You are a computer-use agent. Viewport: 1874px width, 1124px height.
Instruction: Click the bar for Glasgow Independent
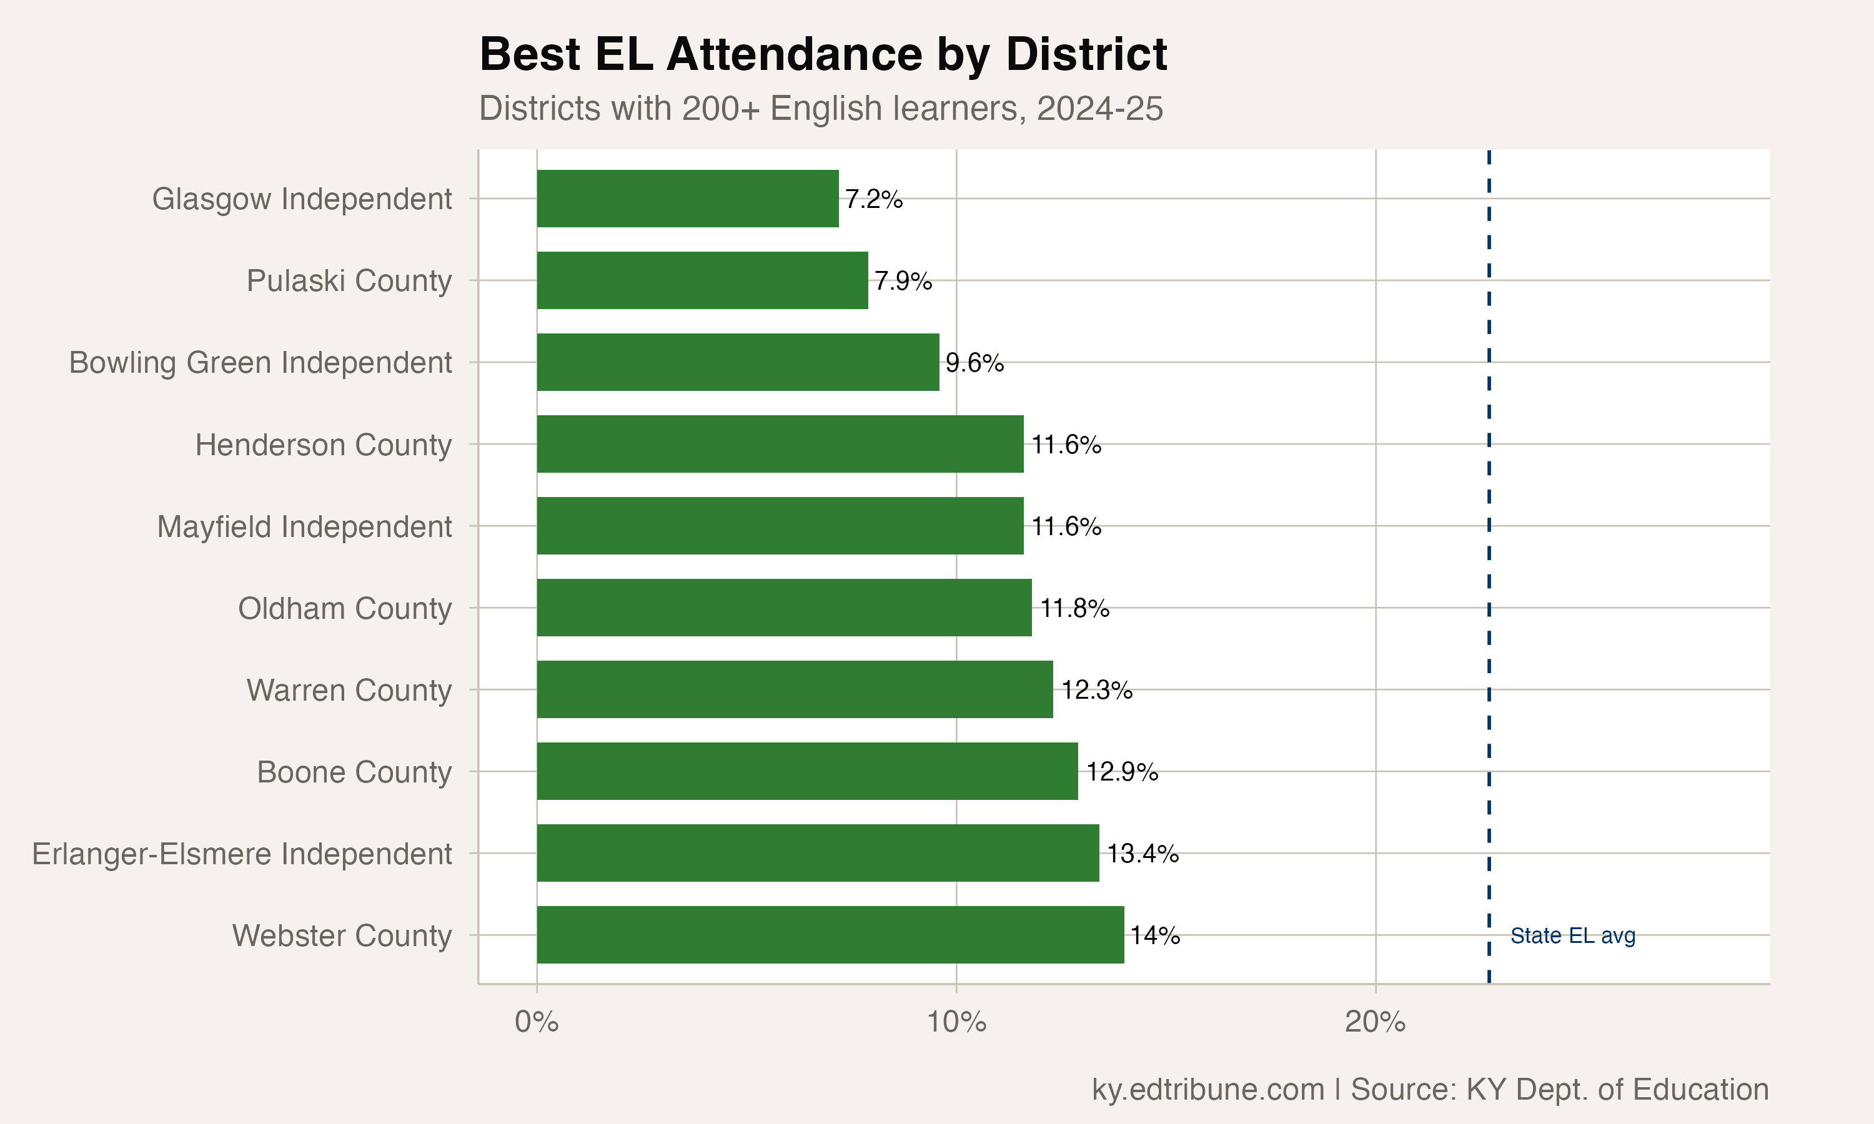pos(687,199)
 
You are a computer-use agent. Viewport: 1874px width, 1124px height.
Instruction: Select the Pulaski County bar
pos(702,280)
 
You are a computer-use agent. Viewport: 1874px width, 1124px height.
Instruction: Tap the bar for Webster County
pos(830,935)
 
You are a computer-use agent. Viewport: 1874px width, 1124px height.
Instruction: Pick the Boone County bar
pos(806,771)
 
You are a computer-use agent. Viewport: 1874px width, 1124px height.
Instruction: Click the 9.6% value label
pos(974,363)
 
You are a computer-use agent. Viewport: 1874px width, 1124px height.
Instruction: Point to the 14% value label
pos(1154,935)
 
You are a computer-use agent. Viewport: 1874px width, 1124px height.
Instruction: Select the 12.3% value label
pos(1096,690)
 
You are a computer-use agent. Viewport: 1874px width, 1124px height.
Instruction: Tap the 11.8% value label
pos(1074,608)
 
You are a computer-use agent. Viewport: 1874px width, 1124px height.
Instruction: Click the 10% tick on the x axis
pos(956,1022)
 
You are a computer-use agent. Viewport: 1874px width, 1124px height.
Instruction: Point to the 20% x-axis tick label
pos(1375,1022)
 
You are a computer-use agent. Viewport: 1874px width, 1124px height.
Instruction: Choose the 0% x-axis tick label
pos(537,1022)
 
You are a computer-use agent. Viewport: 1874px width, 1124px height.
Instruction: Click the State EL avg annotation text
pos(1572,936)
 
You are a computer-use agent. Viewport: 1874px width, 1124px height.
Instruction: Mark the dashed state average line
pos(1489,530)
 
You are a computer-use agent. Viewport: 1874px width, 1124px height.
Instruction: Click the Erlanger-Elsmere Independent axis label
pos(242,854)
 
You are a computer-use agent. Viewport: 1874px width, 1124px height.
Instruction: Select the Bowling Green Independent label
pos(260,363)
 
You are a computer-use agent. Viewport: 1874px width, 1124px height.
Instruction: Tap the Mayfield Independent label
pos(304,526)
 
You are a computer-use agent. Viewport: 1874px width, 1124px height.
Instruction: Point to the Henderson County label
pos(323,445)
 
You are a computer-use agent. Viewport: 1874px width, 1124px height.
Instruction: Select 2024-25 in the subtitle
pos(1099,108)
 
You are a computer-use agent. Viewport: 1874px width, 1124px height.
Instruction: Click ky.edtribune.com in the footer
pos(1207,1089)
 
